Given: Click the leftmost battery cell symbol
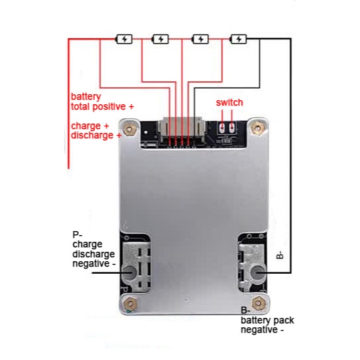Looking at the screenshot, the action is tap(124, 39).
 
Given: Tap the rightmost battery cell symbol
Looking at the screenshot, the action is tap(238, 39).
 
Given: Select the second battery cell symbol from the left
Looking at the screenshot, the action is tap(160, 39).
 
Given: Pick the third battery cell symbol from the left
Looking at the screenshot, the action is tap(200, 39).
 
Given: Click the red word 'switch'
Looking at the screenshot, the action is tap(229, 103).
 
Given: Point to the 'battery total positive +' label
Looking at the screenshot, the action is tap(102, 102).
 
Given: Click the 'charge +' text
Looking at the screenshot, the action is tap(89, 126).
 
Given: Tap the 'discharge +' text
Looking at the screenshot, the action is tap(96, 135).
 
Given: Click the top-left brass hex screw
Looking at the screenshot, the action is tap(130, 130).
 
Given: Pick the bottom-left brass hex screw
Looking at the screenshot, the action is tap(130, 304).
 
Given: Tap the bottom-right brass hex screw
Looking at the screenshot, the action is tap(258, 303).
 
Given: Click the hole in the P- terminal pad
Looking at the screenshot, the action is tap(130, 273).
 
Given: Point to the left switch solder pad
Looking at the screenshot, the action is tap(222, 128).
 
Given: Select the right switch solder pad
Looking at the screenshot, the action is tap(232, 128).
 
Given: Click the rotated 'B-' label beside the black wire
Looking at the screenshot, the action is tap(280, 255).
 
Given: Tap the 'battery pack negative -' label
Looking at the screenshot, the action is tap(267, 325).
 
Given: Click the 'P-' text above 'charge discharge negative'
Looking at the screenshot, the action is tap(77, 234).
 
